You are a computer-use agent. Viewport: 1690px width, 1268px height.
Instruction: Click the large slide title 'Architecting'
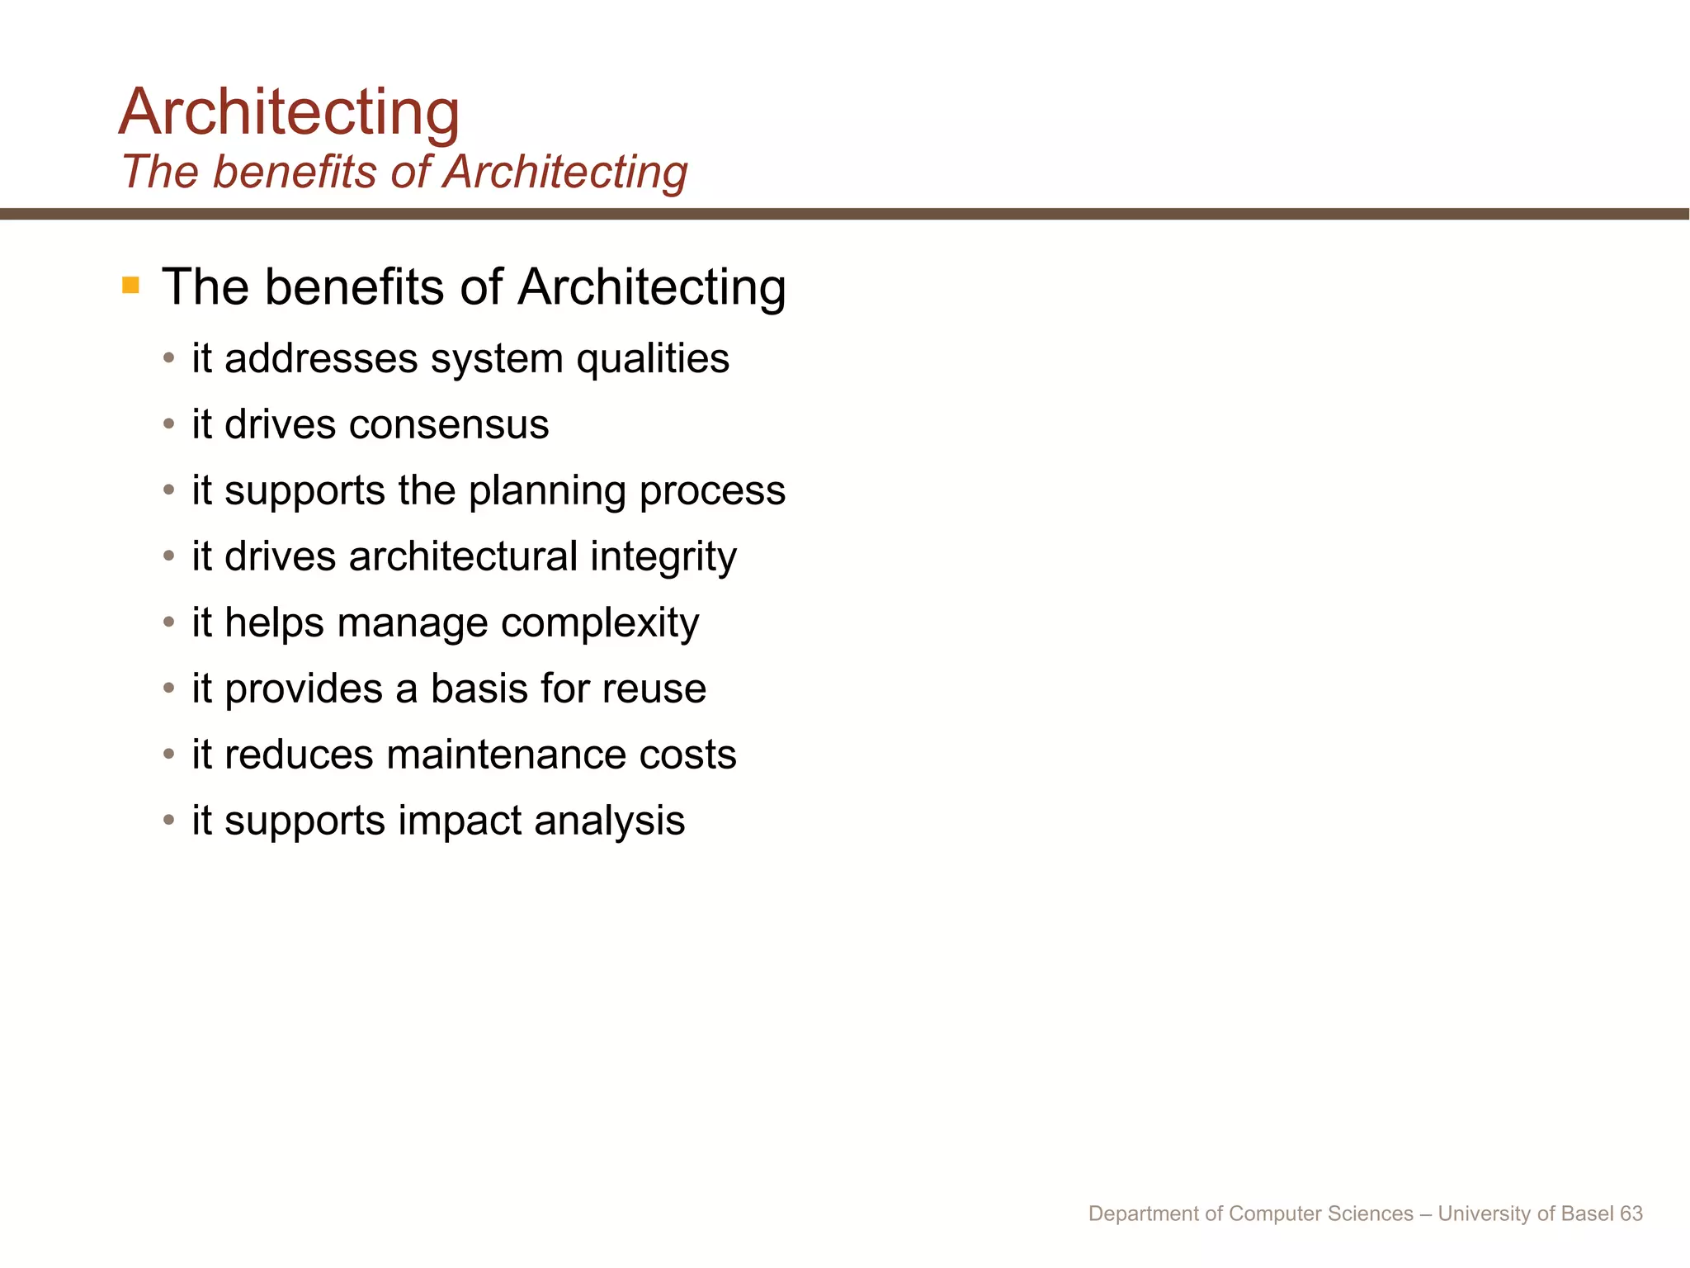[x=289, y=112]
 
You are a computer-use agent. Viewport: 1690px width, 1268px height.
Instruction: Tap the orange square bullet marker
[x=130, y=286]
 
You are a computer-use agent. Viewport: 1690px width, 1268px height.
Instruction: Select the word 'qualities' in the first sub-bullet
[x=652, y=358]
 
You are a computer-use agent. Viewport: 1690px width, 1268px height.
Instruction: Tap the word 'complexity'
[x=600, y=623]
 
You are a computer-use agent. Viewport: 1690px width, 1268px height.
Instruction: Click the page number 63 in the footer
[x=1631, y=1214]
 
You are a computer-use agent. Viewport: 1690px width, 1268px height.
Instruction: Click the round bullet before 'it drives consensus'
[x=169, y=424]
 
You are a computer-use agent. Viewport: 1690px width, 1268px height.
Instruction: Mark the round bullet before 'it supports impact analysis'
[x=169, y=821]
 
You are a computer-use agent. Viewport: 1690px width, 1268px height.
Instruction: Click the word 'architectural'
[x=463, y=556]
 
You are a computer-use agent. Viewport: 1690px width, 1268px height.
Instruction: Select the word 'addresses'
[x=321, y=358]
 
